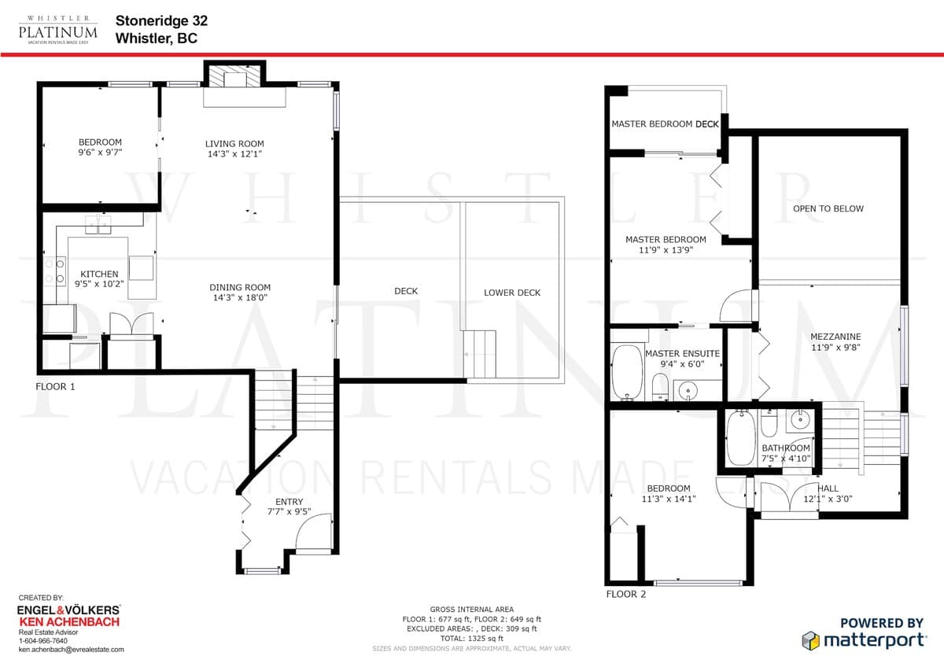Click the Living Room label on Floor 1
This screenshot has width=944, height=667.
[x=234, y=144]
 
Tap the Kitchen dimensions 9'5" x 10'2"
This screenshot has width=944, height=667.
[x=99, y=284]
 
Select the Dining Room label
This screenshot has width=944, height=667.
[x=240, y=287]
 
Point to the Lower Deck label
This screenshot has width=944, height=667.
[x=512, y=293]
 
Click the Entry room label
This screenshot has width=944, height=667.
[x=289, y=501]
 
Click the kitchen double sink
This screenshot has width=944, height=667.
[x=98, y=225]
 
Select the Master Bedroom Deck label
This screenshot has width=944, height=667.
[x=665, y=123]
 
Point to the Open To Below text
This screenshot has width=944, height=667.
[x=828, y=208]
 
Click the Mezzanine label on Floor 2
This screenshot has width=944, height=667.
[x=835, y=337]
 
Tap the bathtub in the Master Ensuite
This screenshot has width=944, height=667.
[x=627, y=373]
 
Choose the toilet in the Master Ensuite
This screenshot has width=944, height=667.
[x=660, y=387]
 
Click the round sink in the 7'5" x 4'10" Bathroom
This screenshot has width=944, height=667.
[x=798, y=419]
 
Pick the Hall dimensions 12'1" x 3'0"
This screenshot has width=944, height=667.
[x=828, y=499]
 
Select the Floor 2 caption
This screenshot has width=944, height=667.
[x=626, y=594]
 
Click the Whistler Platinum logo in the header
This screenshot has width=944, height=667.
[x=57, y=31]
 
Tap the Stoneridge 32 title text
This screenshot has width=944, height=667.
[x=161, y=20]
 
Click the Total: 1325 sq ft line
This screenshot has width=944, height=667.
[x=471, y=639]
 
